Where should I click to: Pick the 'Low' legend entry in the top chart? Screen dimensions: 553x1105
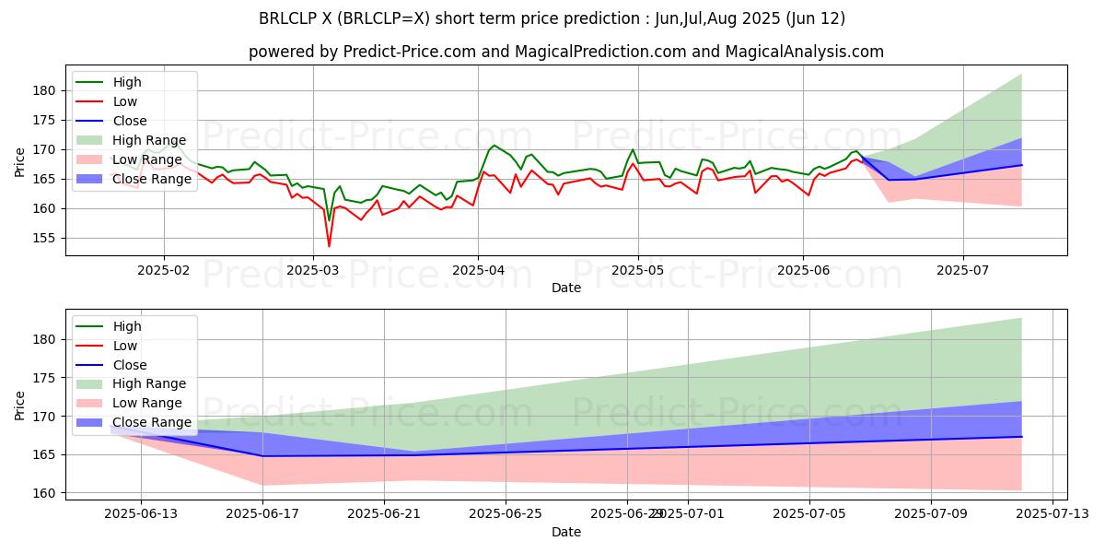(x=126, y=101)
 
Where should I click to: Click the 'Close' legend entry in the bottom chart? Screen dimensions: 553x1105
(x=129, y=365)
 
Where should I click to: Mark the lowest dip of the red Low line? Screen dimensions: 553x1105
(x=329, y=246)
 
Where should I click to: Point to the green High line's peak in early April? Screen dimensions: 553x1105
(x=494, y=145)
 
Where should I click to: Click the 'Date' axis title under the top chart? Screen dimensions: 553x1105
(x=565, y=288)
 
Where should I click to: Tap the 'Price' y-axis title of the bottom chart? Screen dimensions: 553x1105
(x=20, y=405)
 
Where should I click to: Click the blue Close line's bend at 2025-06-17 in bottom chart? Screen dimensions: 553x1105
(x=262, y=455)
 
